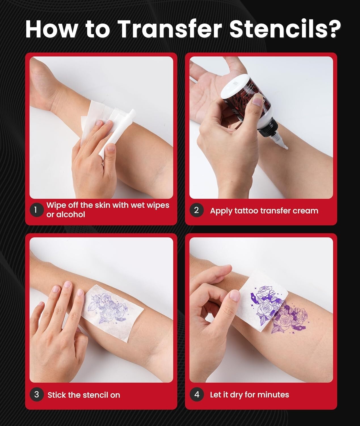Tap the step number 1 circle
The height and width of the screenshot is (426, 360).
36,210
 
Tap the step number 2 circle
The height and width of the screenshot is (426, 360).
196,210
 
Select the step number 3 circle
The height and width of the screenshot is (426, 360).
36,394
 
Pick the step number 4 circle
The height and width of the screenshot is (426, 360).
197,394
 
